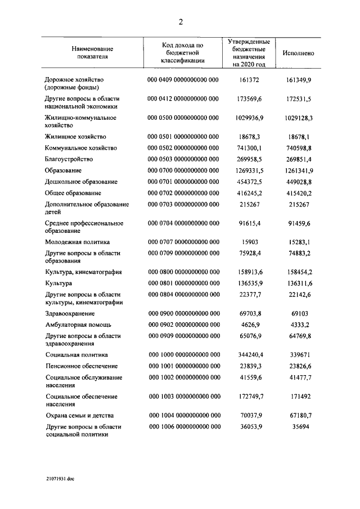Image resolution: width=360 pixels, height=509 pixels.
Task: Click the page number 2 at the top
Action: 181,22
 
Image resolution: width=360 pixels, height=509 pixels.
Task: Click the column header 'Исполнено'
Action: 298,53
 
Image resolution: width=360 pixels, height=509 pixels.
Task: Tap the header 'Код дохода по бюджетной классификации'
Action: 183,53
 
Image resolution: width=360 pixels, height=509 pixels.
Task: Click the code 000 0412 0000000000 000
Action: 183,98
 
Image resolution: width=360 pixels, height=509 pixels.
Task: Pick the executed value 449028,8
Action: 298,182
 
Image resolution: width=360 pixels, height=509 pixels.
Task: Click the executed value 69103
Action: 298,313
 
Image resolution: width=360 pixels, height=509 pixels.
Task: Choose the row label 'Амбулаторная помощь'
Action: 78,325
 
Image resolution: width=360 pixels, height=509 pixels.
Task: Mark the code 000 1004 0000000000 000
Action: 183,415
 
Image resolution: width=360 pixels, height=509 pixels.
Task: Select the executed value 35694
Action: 298,427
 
